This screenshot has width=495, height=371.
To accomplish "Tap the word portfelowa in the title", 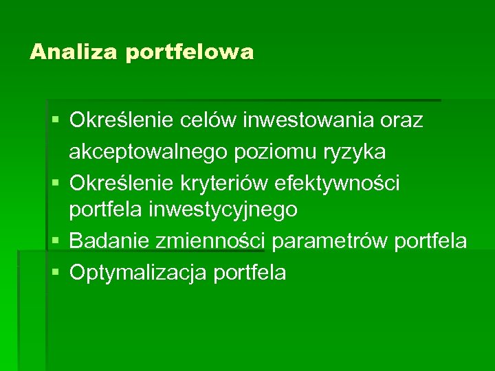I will pyautogui.click(x=190, y=53).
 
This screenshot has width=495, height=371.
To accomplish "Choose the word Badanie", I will pyautogui.click(x=109, y=241).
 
